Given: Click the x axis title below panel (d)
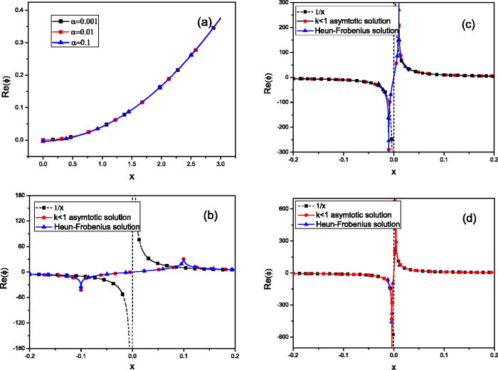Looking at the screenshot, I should click(x=393, y=366).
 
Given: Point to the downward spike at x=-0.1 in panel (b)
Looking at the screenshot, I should click(x=80, y=288).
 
